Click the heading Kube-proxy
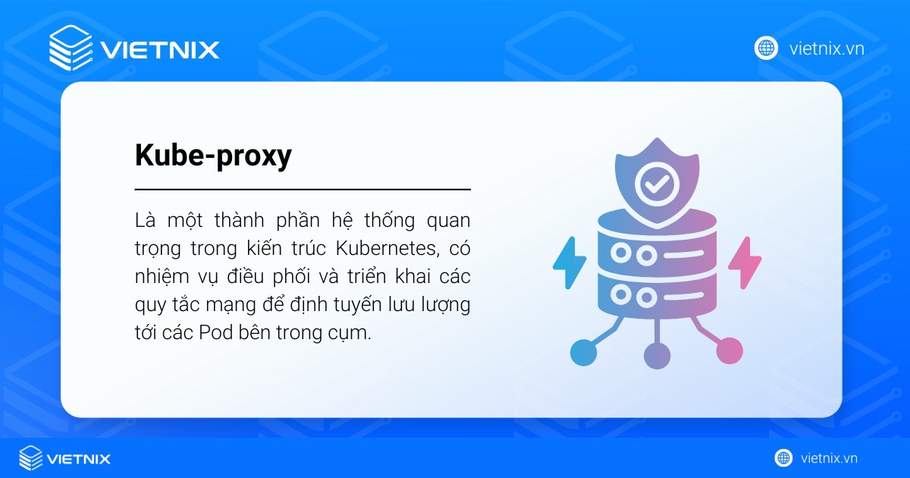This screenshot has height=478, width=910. coord(213,156)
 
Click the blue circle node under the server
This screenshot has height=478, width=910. coord(583,351)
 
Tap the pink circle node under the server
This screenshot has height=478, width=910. coord(730,350)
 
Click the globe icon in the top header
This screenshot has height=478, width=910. coord(767,49)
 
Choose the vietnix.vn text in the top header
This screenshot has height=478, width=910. coord(827,49)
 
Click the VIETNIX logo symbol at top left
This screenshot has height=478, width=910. coord(71,49)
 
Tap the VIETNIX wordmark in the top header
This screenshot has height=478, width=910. coord(160,50)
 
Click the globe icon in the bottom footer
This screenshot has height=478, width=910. coord(783,458)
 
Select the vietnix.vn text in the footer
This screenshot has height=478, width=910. coord(829,458)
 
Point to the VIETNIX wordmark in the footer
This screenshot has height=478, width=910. coord(79,458)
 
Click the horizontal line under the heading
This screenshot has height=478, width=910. coord(303,189)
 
